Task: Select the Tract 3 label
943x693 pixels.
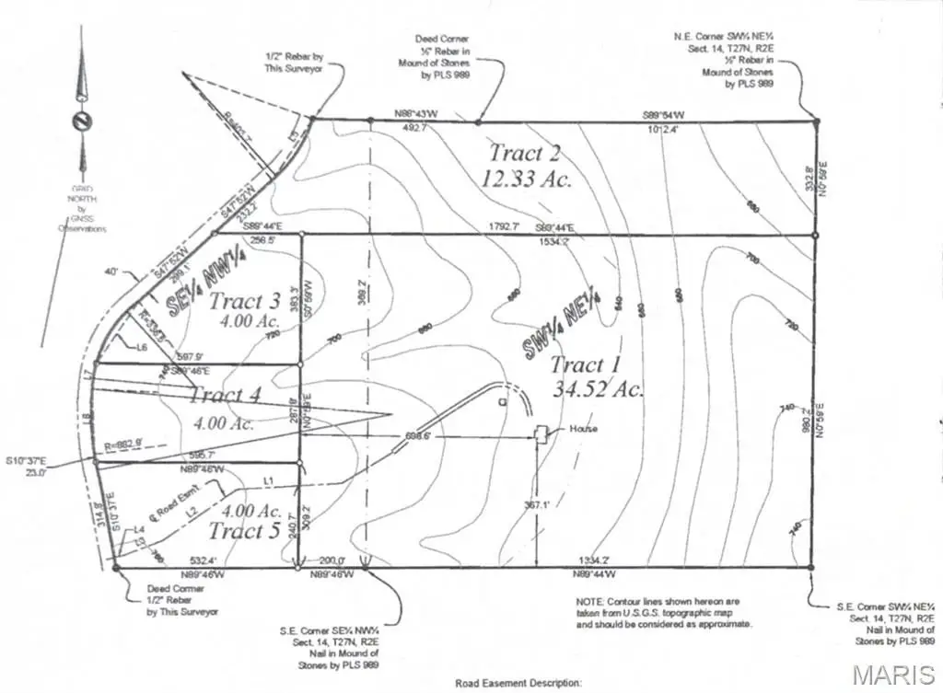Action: click(x=244, y=301)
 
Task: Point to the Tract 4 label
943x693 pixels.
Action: click(x=225, y=396)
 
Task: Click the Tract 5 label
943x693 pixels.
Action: click(x=244, y=531)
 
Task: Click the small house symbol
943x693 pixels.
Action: click(x=543, y=432)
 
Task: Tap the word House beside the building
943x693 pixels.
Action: click(x=583, y=430)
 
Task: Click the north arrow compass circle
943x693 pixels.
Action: click(x=81, y=121)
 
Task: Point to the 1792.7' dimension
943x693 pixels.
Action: click(x=504, y=225)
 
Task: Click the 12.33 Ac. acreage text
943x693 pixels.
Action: click(x=526, y=179)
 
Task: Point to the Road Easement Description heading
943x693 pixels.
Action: click(x=518, y=684)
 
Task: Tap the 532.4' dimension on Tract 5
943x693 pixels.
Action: click(x=202, y=560)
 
